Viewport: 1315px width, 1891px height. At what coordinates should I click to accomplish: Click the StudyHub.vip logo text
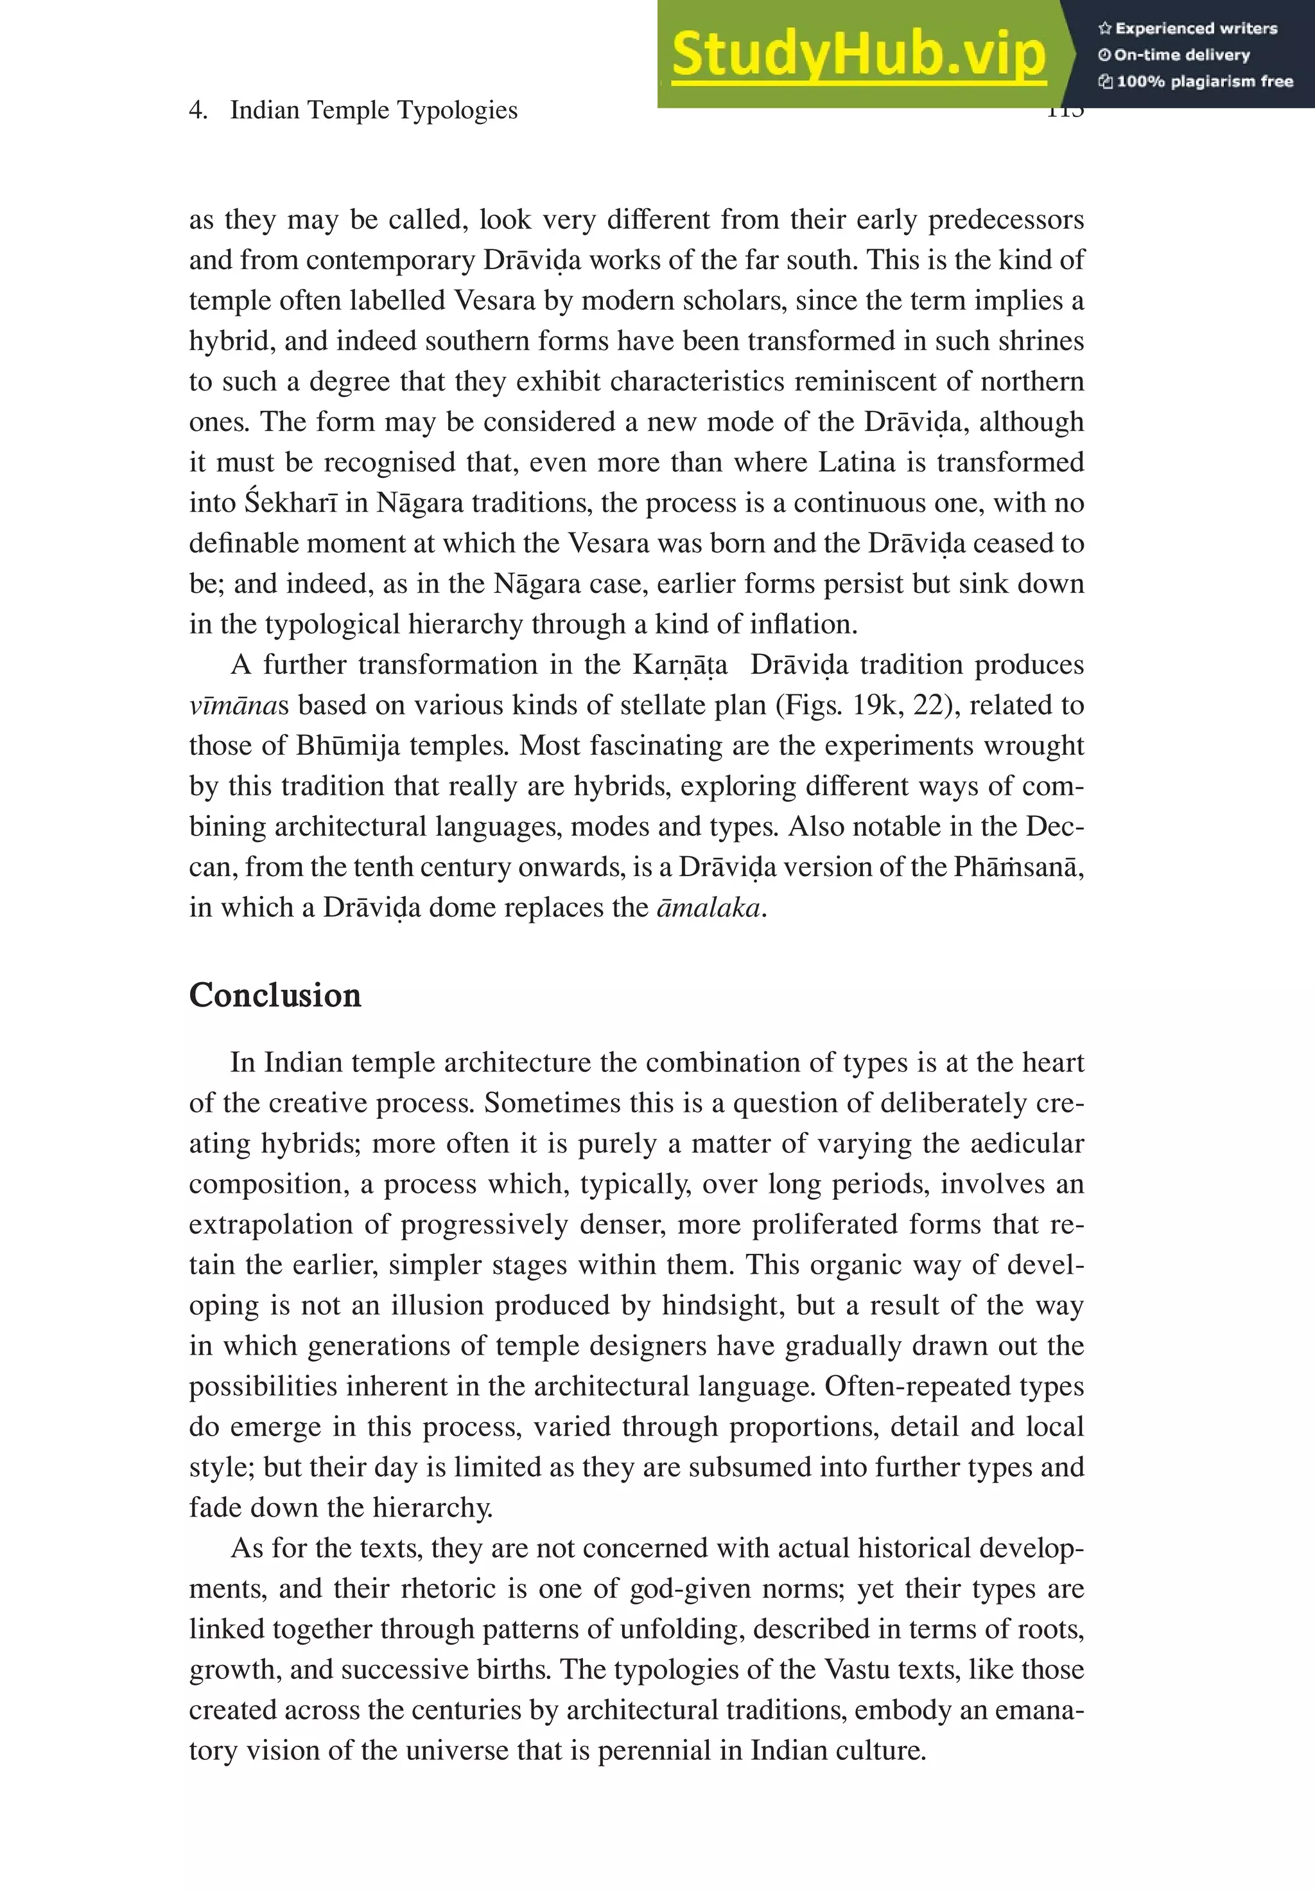tap(858, 55)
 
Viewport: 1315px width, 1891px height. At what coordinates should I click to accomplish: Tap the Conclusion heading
tap(275, 995)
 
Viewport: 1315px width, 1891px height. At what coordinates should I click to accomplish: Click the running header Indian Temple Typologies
tap(373, 110)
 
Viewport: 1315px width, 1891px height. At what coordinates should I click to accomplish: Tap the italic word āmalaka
tap(708, 907)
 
